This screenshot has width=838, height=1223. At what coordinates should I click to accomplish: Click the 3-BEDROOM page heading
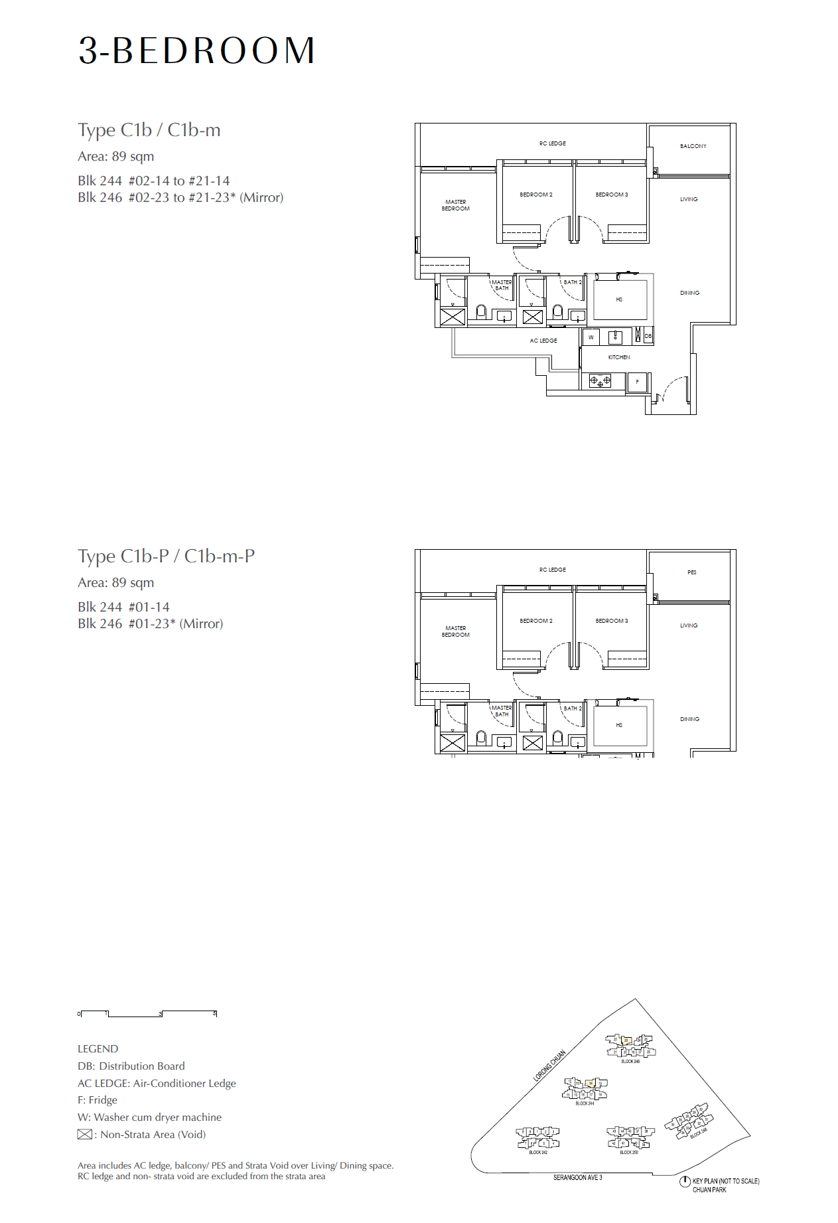(x=196, y=50)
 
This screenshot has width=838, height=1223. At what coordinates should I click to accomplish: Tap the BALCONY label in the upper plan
(x=693, y=146)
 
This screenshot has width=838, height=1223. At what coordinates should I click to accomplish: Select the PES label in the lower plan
(x=692, y=572)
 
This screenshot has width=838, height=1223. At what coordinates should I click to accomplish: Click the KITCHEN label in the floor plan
(x=618, y=357)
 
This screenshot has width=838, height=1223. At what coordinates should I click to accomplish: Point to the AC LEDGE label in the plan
(x=543, y=341)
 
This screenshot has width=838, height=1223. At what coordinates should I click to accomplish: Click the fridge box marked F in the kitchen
(x=637, y=382)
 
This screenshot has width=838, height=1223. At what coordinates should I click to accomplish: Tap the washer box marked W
(x=591, y=337)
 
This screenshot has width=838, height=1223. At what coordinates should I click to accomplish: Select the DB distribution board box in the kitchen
(x=648, y=336)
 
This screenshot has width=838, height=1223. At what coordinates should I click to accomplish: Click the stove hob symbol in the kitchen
(x=600, y=381)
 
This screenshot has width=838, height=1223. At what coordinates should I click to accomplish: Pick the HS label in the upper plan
(x=619, y=299)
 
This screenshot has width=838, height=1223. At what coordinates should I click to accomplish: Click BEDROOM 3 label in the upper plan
(x=611, y=195)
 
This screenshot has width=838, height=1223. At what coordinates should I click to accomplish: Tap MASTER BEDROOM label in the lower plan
(x=455, y=631)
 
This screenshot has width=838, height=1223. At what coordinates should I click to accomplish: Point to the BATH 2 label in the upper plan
(x=572, y=282)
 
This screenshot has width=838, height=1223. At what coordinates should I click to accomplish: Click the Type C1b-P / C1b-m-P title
(x=166, y=556)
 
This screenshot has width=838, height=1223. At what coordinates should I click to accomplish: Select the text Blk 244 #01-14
(x=123, y=607)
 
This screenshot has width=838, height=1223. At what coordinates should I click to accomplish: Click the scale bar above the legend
(x=147, y=1014)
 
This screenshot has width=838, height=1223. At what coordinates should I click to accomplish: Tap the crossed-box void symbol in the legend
(x=84, y=1135)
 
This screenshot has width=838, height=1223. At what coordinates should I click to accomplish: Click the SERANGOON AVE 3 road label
(x=577, y=1178)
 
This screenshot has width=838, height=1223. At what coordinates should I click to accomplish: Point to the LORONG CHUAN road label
(x=549, y=1066)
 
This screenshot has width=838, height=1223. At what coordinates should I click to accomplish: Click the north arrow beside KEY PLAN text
(x=685, y=1182)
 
